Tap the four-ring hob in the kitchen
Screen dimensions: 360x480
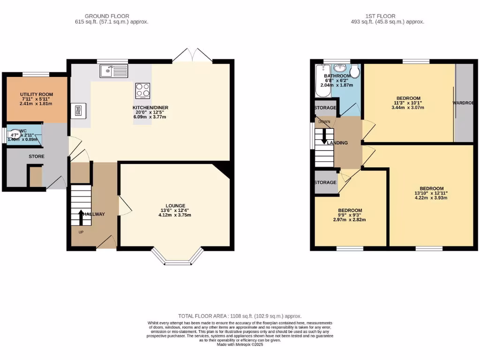click(x=142, y=90)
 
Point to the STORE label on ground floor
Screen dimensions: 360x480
click(x=36, y=156)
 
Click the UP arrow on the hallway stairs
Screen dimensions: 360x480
click(x=81, y=217)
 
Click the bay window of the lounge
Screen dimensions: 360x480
click(x=178, y=257)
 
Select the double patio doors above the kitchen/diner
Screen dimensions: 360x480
click(x=193, y=56)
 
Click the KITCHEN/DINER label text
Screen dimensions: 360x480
click(x=150, y=108)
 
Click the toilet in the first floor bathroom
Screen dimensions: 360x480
click(x=354, y=72)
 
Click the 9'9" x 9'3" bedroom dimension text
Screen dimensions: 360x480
click(x=349, y=216)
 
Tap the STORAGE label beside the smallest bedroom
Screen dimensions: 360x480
click(x=325, y=182)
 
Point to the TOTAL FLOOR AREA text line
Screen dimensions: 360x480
click(x=240, y=316)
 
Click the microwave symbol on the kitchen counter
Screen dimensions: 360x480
click(x=78, y=111)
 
